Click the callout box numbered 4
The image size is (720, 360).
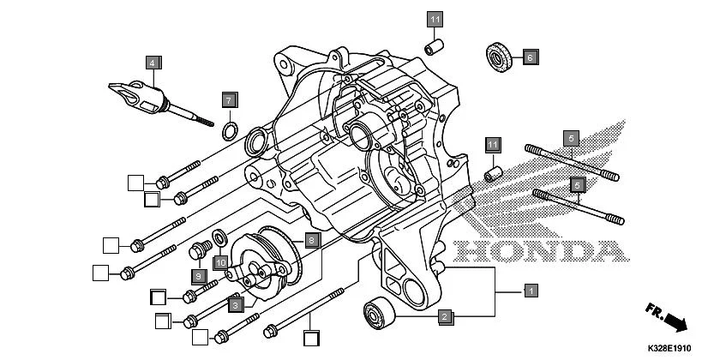[x=152, y=63]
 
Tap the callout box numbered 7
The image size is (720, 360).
[x=229, y=99]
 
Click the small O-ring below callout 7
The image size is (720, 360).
[x=230, y=130]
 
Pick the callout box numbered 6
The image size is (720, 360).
[x=529, y=57]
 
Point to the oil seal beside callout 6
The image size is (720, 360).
[x=496, y=53]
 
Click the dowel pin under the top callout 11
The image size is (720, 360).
[x=435, y=41]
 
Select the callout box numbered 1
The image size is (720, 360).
[x=531, y=291]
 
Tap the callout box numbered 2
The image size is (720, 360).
[x=444, y=317]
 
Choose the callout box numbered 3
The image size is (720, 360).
[x=234, y=304]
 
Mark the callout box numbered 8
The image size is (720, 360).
[x=312, y=241]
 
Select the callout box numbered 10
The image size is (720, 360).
[x=220, y=261]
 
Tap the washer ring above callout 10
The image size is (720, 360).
[x=219, y=236]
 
